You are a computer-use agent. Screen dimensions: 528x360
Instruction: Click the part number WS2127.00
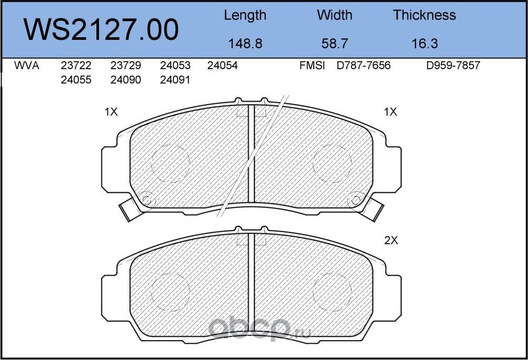click(x=101, y=30)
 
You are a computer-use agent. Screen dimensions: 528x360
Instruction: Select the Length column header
click(x=245, y=16)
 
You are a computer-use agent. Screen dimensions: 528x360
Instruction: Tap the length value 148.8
click(x=245, y=43)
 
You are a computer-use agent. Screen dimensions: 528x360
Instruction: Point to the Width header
click(x=334, y=15)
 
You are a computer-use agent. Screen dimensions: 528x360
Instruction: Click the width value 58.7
click(x=334, y=43)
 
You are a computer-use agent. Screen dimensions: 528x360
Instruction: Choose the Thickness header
click(x=424, y=15)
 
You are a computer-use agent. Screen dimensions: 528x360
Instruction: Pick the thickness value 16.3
click(x=425, y=43)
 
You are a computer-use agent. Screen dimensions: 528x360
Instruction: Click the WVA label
click(x=27, y=66)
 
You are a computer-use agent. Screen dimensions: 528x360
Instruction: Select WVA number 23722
click(x=76, y=66)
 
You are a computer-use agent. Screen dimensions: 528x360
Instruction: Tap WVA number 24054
click(x=222, y=66)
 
